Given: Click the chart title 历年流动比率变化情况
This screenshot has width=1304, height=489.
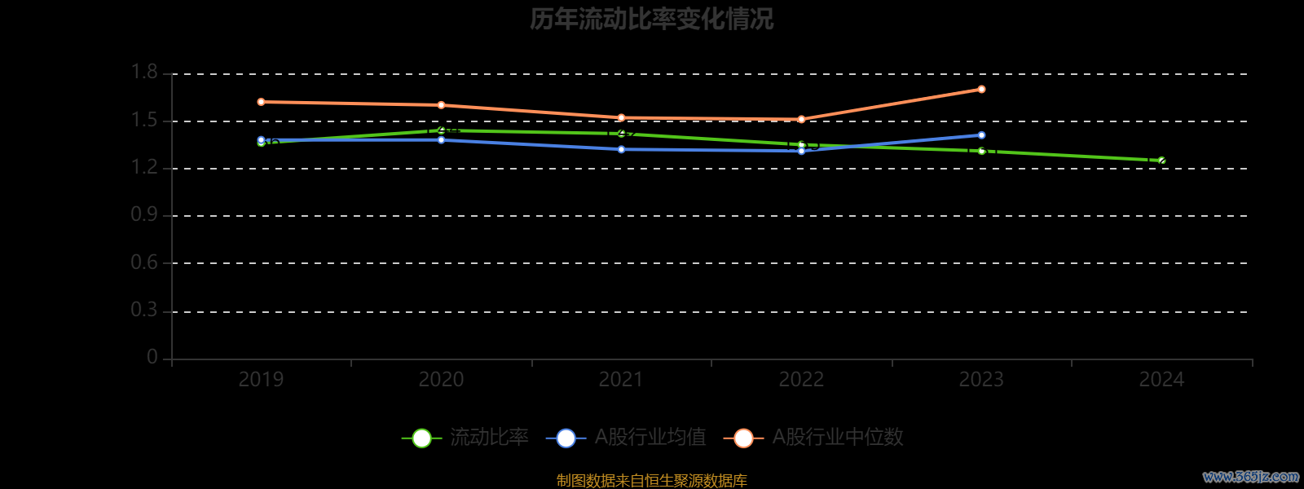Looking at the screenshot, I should pyautogui.click(x=651, y=19).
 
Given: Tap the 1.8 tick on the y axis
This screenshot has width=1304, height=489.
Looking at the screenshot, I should pyautogui.click(x=144, y=73).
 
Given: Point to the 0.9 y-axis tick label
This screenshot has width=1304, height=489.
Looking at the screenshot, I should pyautogui.click(x=144, y=215).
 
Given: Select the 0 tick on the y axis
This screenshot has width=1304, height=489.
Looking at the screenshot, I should pyautogui.click(x=152, y=358).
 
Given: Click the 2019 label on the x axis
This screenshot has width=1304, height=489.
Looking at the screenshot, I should pyautogui.click(x=261, y=380).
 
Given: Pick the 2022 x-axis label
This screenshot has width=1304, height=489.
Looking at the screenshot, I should pyautogui.click(x=801, y=380).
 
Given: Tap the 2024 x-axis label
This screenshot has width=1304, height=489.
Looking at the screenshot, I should pyautogui.click(x=1161, y=380).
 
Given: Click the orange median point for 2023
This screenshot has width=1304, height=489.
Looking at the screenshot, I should pyautogui.click(x=981, y=89).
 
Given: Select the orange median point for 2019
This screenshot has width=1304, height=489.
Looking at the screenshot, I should pyautogui.click(x=261, y=102).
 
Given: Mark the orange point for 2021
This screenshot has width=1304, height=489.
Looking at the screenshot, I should pyautogui.click(x=621, y=117).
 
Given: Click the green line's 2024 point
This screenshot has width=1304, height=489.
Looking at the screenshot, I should pyautogui.click(x=1161, y=161).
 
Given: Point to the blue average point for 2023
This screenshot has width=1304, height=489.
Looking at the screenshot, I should pyautogui.click(x=981, y=135).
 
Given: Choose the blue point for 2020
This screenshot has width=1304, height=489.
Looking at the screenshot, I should pyautogui.click(x=441, y=140).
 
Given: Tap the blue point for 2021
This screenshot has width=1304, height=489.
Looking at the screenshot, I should pyautogui.click(x=621, y=149).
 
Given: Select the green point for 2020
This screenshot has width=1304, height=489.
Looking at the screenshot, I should pyautogui.click(x=441, y=130).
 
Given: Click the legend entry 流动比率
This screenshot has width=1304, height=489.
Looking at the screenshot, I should pyautogui.click(x=465, y=438).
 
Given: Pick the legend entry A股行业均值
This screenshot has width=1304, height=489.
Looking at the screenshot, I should pyautogui.click(x=626, y=438).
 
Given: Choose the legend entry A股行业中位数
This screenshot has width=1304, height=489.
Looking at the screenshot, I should pyautogui.click(x=813, y=438).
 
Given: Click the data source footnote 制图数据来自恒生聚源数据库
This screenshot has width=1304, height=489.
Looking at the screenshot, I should pyautogui.click(x=651, y=481).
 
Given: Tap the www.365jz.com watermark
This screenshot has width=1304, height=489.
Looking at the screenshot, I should pyautogui.click(x=1250, y=477).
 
